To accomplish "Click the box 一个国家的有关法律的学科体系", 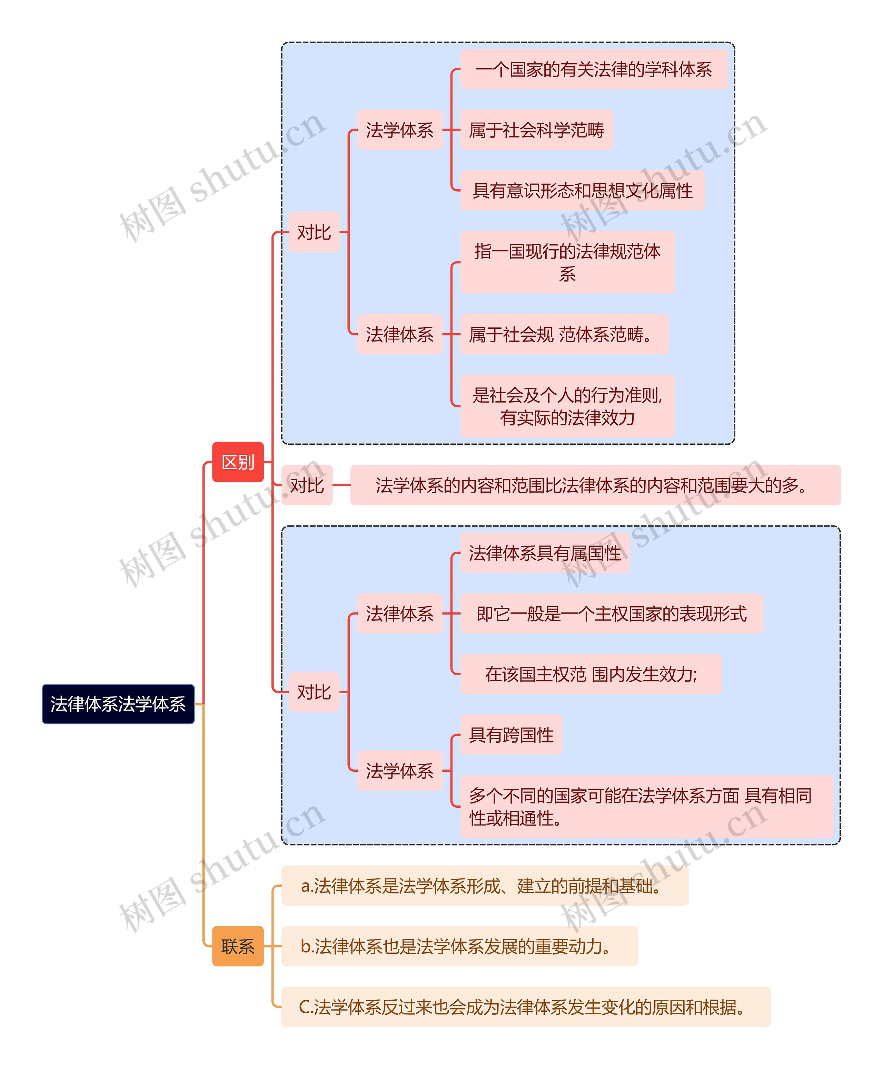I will click(594, 69).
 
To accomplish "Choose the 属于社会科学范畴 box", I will click(536, 130).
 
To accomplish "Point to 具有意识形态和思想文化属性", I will click(582, 190).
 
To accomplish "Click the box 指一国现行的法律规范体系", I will click(567, 262).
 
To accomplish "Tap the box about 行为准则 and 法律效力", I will click(567, 406).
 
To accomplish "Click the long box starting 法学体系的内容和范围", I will click(595, 485).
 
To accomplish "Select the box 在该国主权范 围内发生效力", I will click(591, 674).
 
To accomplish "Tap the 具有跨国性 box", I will click(511, 734).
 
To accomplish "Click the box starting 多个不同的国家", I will click(646, 806).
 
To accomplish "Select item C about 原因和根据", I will click(525, 1007).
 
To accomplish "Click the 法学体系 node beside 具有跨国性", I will click(400, 771).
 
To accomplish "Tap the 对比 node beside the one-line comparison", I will click(307, 485).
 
